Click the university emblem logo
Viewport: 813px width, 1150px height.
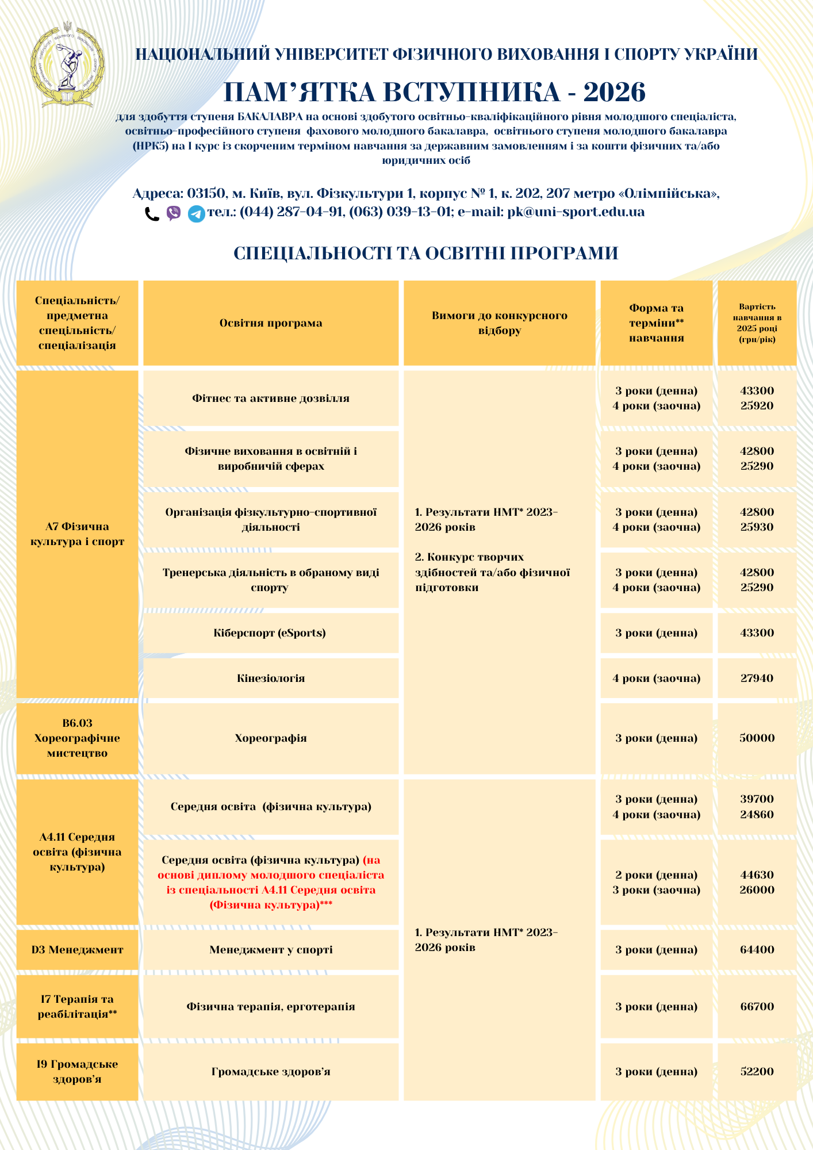pyautogui.click(x=68, y=65)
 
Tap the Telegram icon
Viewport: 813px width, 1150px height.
pyautogui.click(x=197, y=214)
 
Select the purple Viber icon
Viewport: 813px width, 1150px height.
pyautogui.click(x=174, y=213)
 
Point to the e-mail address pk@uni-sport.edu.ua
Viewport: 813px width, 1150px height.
pyautogui.click(x=576, y=212)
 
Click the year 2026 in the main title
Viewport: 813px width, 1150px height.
pyautogui.click(x=614, y=92)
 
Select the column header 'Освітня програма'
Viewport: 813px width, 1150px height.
pyautogui.click(x=271, y=323)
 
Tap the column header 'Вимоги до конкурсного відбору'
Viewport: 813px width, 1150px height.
pyautogui.click(x=499, y=323)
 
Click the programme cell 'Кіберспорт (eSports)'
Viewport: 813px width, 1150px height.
pyautogui.click(x=270, y=633)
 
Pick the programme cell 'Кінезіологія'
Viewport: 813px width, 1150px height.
pyautogui.click(x=271, y=678)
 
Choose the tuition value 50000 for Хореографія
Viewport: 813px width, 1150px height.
pyautogui.click(x=757, y=738)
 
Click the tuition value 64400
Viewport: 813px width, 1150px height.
pyautogui.click(x=757, y=950)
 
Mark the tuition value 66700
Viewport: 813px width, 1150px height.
pyautogui.click(x=757, y=1007)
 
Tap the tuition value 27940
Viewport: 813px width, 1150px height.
pyautogui.click(x=757, y=678)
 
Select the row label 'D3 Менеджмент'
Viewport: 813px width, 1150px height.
pyautogui.click(x=77, y=950)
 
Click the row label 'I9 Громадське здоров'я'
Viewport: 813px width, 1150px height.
pyautogui.click(x=77, y=1072)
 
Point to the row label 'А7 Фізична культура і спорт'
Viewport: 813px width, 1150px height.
pyautogui.click(x=77, y=534)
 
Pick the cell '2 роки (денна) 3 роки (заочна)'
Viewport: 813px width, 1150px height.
pyautogui.click(x=656, y=883)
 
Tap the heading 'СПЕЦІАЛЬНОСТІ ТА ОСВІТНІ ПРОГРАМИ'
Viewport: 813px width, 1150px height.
pyautogui.click(x=425, y=253)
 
